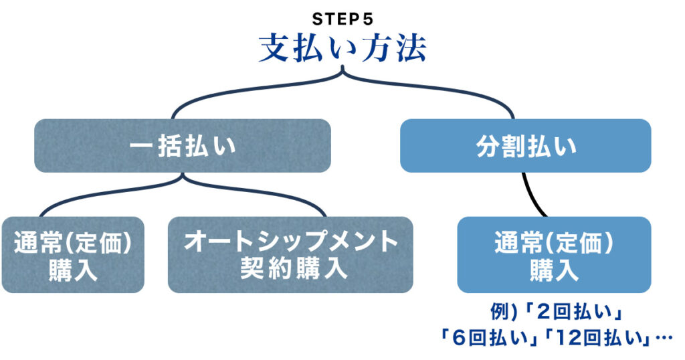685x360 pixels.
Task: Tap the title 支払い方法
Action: click(342, 48)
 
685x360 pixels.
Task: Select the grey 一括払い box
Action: click(183, 146)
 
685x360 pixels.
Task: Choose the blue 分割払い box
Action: click(525, 146)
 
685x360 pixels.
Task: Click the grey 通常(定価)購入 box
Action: click(72, 255)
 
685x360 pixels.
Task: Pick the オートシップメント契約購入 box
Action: click(290, 255)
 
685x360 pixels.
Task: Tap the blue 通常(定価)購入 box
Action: click(554, 255)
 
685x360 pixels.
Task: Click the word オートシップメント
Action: click(290, 242)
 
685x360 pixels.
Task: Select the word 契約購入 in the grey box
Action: click(290, 268)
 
